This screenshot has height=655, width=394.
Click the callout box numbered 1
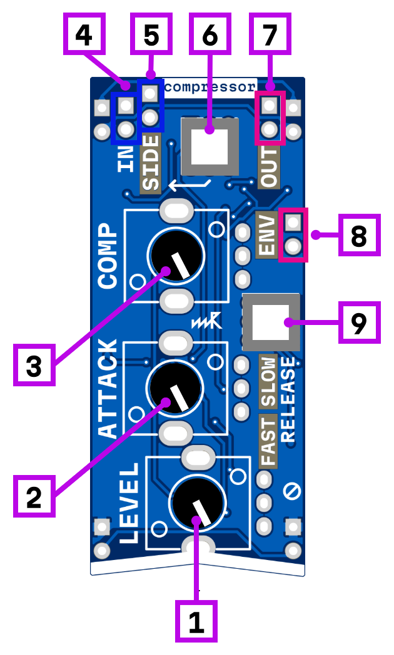coord(196,621)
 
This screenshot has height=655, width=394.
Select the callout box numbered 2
coord(34,496)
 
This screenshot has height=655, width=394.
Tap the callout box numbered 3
coord(34,366)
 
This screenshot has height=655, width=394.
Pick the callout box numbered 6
coord(210,34)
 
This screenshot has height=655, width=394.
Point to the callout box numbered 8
coord(359,236)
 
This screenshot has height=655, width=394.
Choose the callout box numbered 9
coord(359,322)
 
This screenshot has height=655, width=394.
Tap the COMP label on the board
coord(108,256)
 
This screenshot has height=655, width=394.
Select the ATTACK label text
coord(108,388)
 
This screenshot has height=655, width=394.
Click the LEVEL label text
coord(129,503)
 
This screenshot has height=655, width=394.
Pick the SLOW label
coord(268,382)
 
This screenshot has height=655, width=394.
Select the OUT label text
coord(270,167)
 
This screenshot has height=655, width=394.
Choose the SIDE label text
coord(151,163)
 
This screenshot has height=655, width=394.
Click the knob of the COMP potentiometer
coord(176,256)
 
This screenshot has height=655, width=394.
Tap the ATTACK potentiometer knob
coord(175,388)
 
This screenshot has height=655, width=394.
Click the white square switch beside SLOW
coord(271,322)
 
